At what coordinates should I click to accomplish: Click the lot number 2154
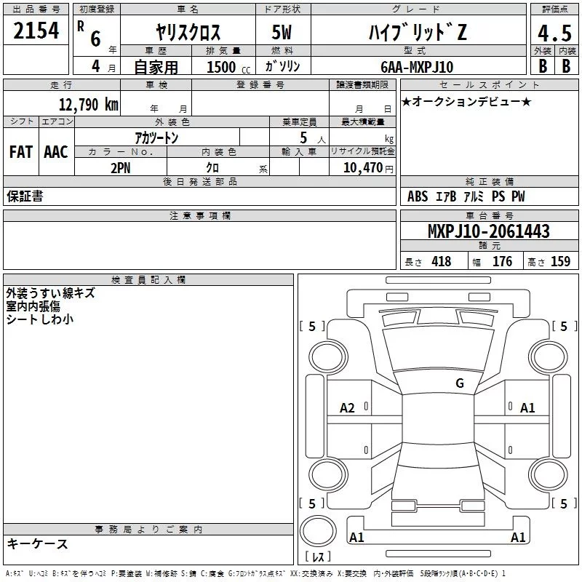pyautogui.click(x=36, y=31)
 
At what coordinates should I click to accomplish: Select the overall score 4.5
pyautogui.click(x=554, y=33)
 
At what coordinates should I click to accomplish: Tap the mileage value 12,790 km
pyautogui.click(x=89, y=105)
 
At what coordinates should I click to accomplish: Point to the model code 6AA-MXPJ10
pyautogui.click(x=417, y=67)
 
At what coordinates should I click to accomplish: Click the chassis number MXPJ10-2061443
pyautogui.click(x=489, y=231)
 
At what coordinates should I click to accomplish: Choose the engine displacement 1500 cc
pyautogui.click(x=228, y=67)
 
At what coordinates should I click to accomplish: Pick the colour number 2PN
pyautogui.click(x=121, y=168)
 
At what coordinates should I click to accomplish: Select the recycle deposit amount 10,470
pyautogui.click(x=362, y=168)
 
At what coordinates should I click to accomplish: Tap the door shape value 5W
pyautogui.click(x=282, y=32)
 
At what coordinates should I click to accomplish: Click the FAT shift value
pyautogui.click(x=21, y=152)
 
